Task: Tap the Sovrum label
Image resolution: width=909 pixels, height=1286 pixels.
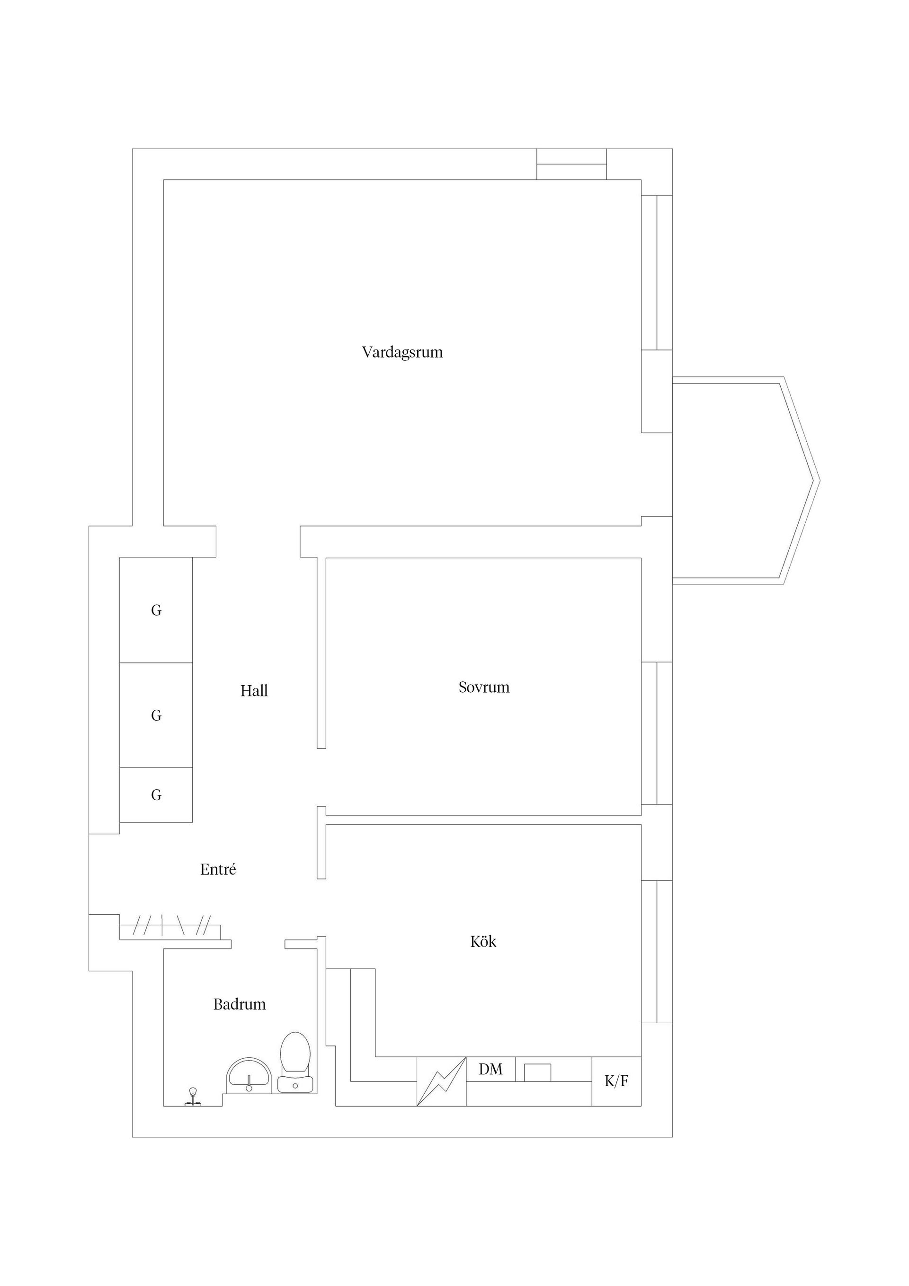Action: [x=484, y=687]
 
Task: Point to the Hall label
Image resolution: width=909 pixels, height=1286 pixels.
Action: [x=254, y=691]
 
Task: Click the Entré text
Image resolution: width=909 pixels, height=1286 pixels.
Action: [x=218, y=869]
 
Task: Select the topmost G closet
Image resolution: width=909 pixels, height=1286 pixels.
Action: [x=156, y=610]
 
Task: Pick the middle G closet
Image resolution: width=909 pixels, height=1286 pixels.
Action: [x=156, y=715]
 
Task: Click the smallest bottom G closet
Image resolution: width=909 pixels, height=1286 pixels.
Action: [x=156, y=795]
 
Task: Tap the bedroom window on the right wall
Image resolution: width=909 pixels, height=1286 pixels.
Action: [x=656, y=733]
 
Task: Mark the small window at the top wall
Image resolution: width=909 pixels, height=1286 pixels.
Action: [x=571, y=164]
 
